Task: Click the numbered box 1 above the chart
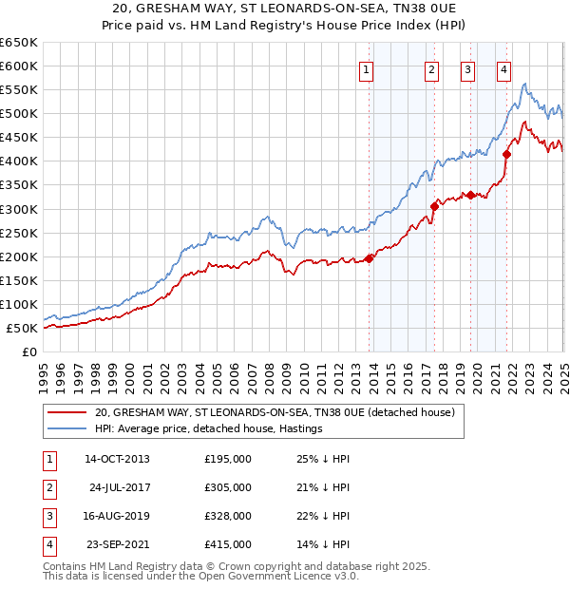(x=367, y=68)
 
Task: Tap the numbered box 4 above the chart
(x=503, y=68)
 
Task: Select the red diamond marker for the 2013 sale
(x=369, y=258)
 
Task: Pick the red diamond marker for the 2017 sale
(x=434, y=206)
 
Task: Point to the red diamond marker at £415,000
(x=506, y=154)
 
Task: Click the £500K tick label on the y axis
(x=19, y=114)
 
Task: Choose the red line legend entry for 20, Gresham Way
(x=275, y=413)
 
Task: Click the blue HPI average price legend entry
(x=209, y=428)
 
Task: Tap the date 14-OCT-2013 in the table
(x=117, y=459)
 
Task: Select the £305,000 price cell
(x=228, y=487)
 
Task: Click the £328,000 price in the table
(x=228, y=516)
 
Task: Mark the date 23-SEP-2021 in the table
(x=117, y=544)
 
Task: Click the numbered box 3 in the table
(x=46, y=516)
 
